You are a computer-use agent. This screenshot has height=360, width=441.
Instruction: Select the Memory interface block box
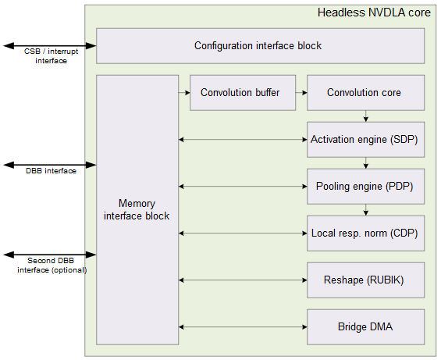(x=137, y=209)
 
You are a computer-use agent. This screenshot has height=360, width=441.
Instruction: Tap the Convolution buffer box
(x=239, y=92)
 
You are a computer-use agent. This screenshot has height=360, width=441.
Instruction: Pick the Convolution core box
(x=365, y=92)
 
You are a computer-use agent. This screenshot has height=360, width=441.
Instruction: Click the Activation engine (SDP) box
(x=365, y=140)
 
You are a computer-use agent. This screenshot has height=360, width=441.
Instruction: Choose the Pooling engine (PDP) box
(x=365, y=186)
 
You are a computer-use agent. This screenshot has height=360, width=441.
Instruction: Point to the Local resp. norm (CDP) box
(x=365, y=233)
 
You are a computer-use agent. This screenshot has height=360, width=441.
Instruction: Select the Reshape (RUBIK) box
(x=365, y=279)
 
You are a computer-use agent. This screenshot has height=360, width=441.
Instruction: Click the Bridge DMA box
(x=365, y=326)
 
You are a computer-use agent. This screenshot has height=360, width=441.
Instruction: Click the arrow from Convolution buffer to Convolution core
(x=297, y=92)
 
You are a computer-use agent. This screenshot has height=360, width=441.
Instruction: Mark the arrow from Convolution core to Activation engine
(x=365, y=116)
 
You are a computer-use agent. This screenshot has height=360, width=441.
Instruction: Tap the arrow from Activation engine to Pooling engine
(x=365, y=162)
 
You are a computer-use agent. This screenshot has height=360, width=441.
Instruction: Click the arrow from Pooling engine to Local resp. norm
(x=365, y=209)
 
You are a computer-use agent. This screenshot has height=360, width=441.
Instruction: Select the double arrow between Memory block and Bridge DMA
(x=242, y=326)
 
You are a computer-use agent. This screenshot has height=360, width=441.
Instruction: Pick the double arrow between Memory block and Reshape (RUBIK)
(x=242, y=279)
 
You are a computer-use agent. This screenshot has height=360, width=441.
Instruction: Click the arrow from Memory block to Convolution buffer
(x=183, y=92)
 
